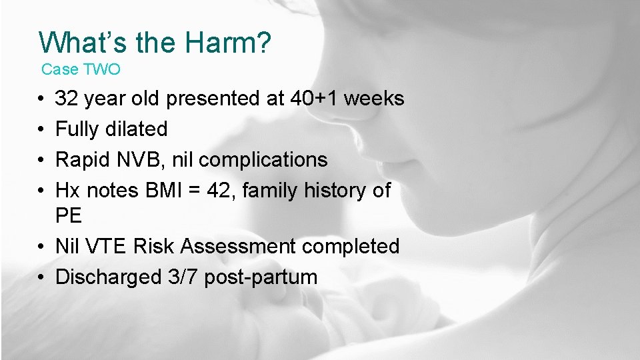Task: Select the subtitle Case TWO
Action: click(81, 69)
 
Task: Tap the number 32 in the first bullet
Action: click(67, 99)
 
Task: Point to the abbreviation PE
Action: click(69, 216)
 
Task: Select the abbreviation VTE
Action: click(107, 246)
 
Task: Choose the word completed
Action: click(351, 246)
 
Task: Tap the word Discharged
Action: click(109, 277)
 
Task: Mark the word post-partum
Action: click(261, 277)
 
